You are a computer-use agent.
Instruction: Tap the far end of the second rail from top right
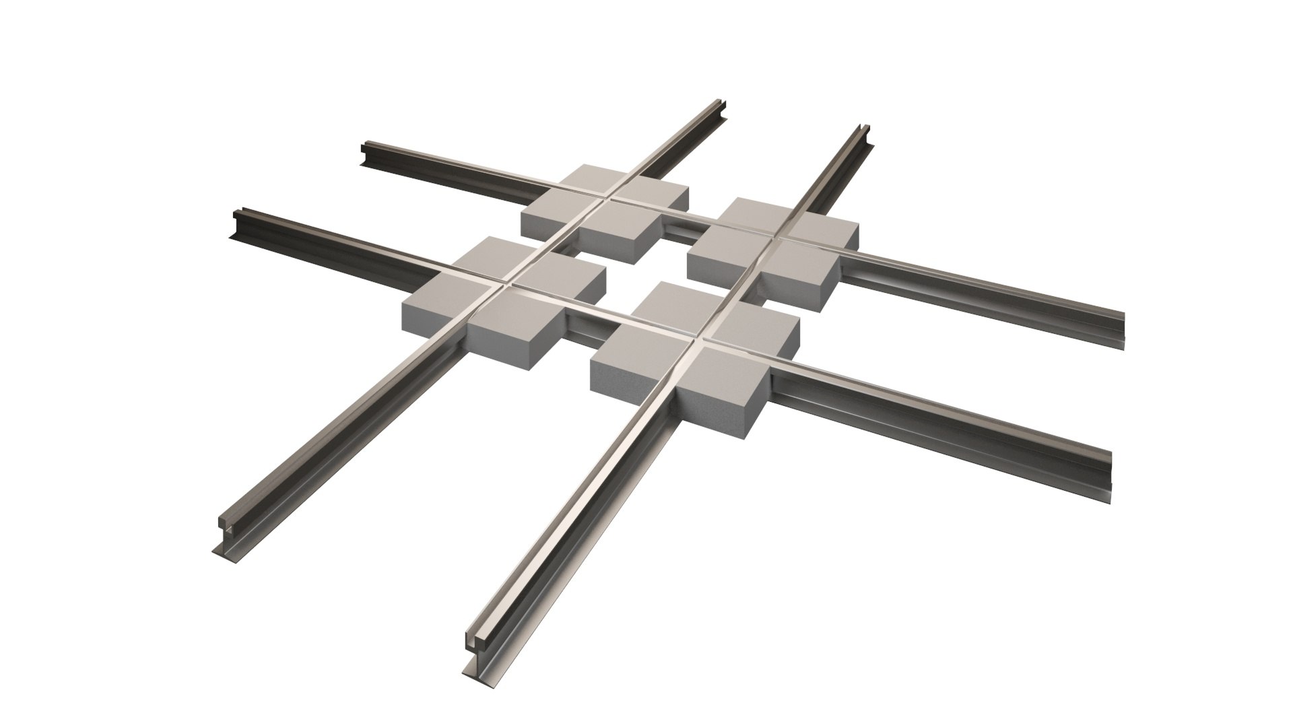[x=863, y=132]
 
